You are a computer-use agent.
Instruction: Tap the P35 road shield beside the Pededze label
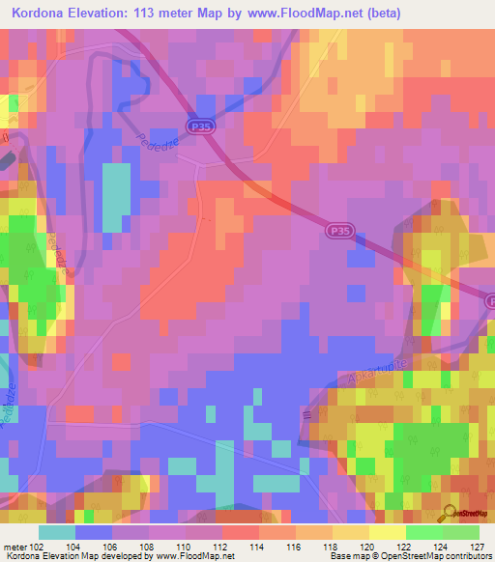[x=200, y=126]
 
